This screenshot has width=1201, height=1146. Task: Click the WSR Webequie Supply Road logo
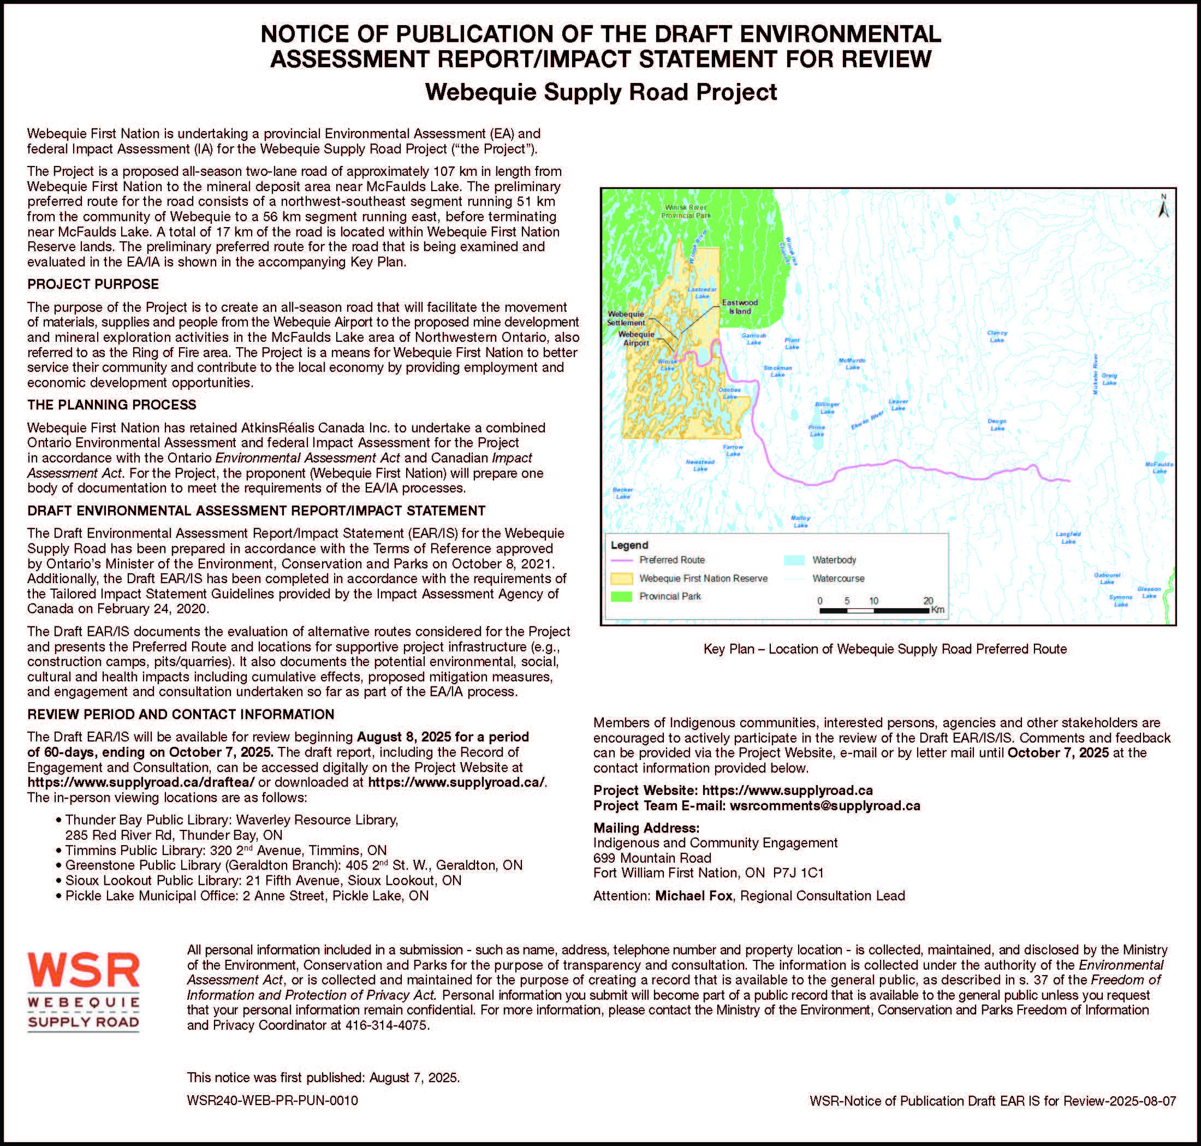coord(84,991)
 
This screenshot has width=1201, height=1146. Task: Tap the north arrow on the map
coord(1163,206)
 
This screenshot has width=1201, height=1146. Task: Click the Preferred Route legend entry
coord(671,560)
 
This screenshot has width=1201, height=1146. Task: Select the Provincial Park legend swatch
coord(622,596)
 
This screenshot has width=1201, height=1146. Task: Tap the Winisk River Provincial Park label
coord(687,211)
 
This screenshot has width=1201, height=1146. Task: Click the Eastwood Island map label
coord(739,307)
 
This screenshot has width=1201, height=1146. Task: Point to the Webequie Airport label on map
coord(636,339)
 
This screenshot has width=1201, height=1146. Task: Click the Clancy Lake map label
coord(997,336)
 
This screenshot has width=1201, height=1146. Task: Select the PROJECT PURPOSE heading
coord(93,284)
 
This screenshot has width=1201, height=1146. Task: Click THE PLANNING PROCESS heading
coord(112,405)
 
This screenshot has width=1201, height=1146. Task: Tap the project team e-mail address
coord(825,805)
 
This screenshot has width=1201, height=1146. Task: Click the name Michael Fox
coord(693,895)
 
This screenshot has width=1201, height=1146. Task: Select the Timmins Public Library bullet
coord(226,850)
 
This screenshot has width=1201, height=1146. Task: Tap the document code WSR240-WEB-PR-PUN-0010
coord(272,1100)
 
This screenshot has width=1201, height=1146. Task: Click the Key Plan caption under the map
coord(885,649)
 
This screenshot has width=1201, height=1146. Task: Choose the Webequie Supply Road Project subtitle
coord(600,92)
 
